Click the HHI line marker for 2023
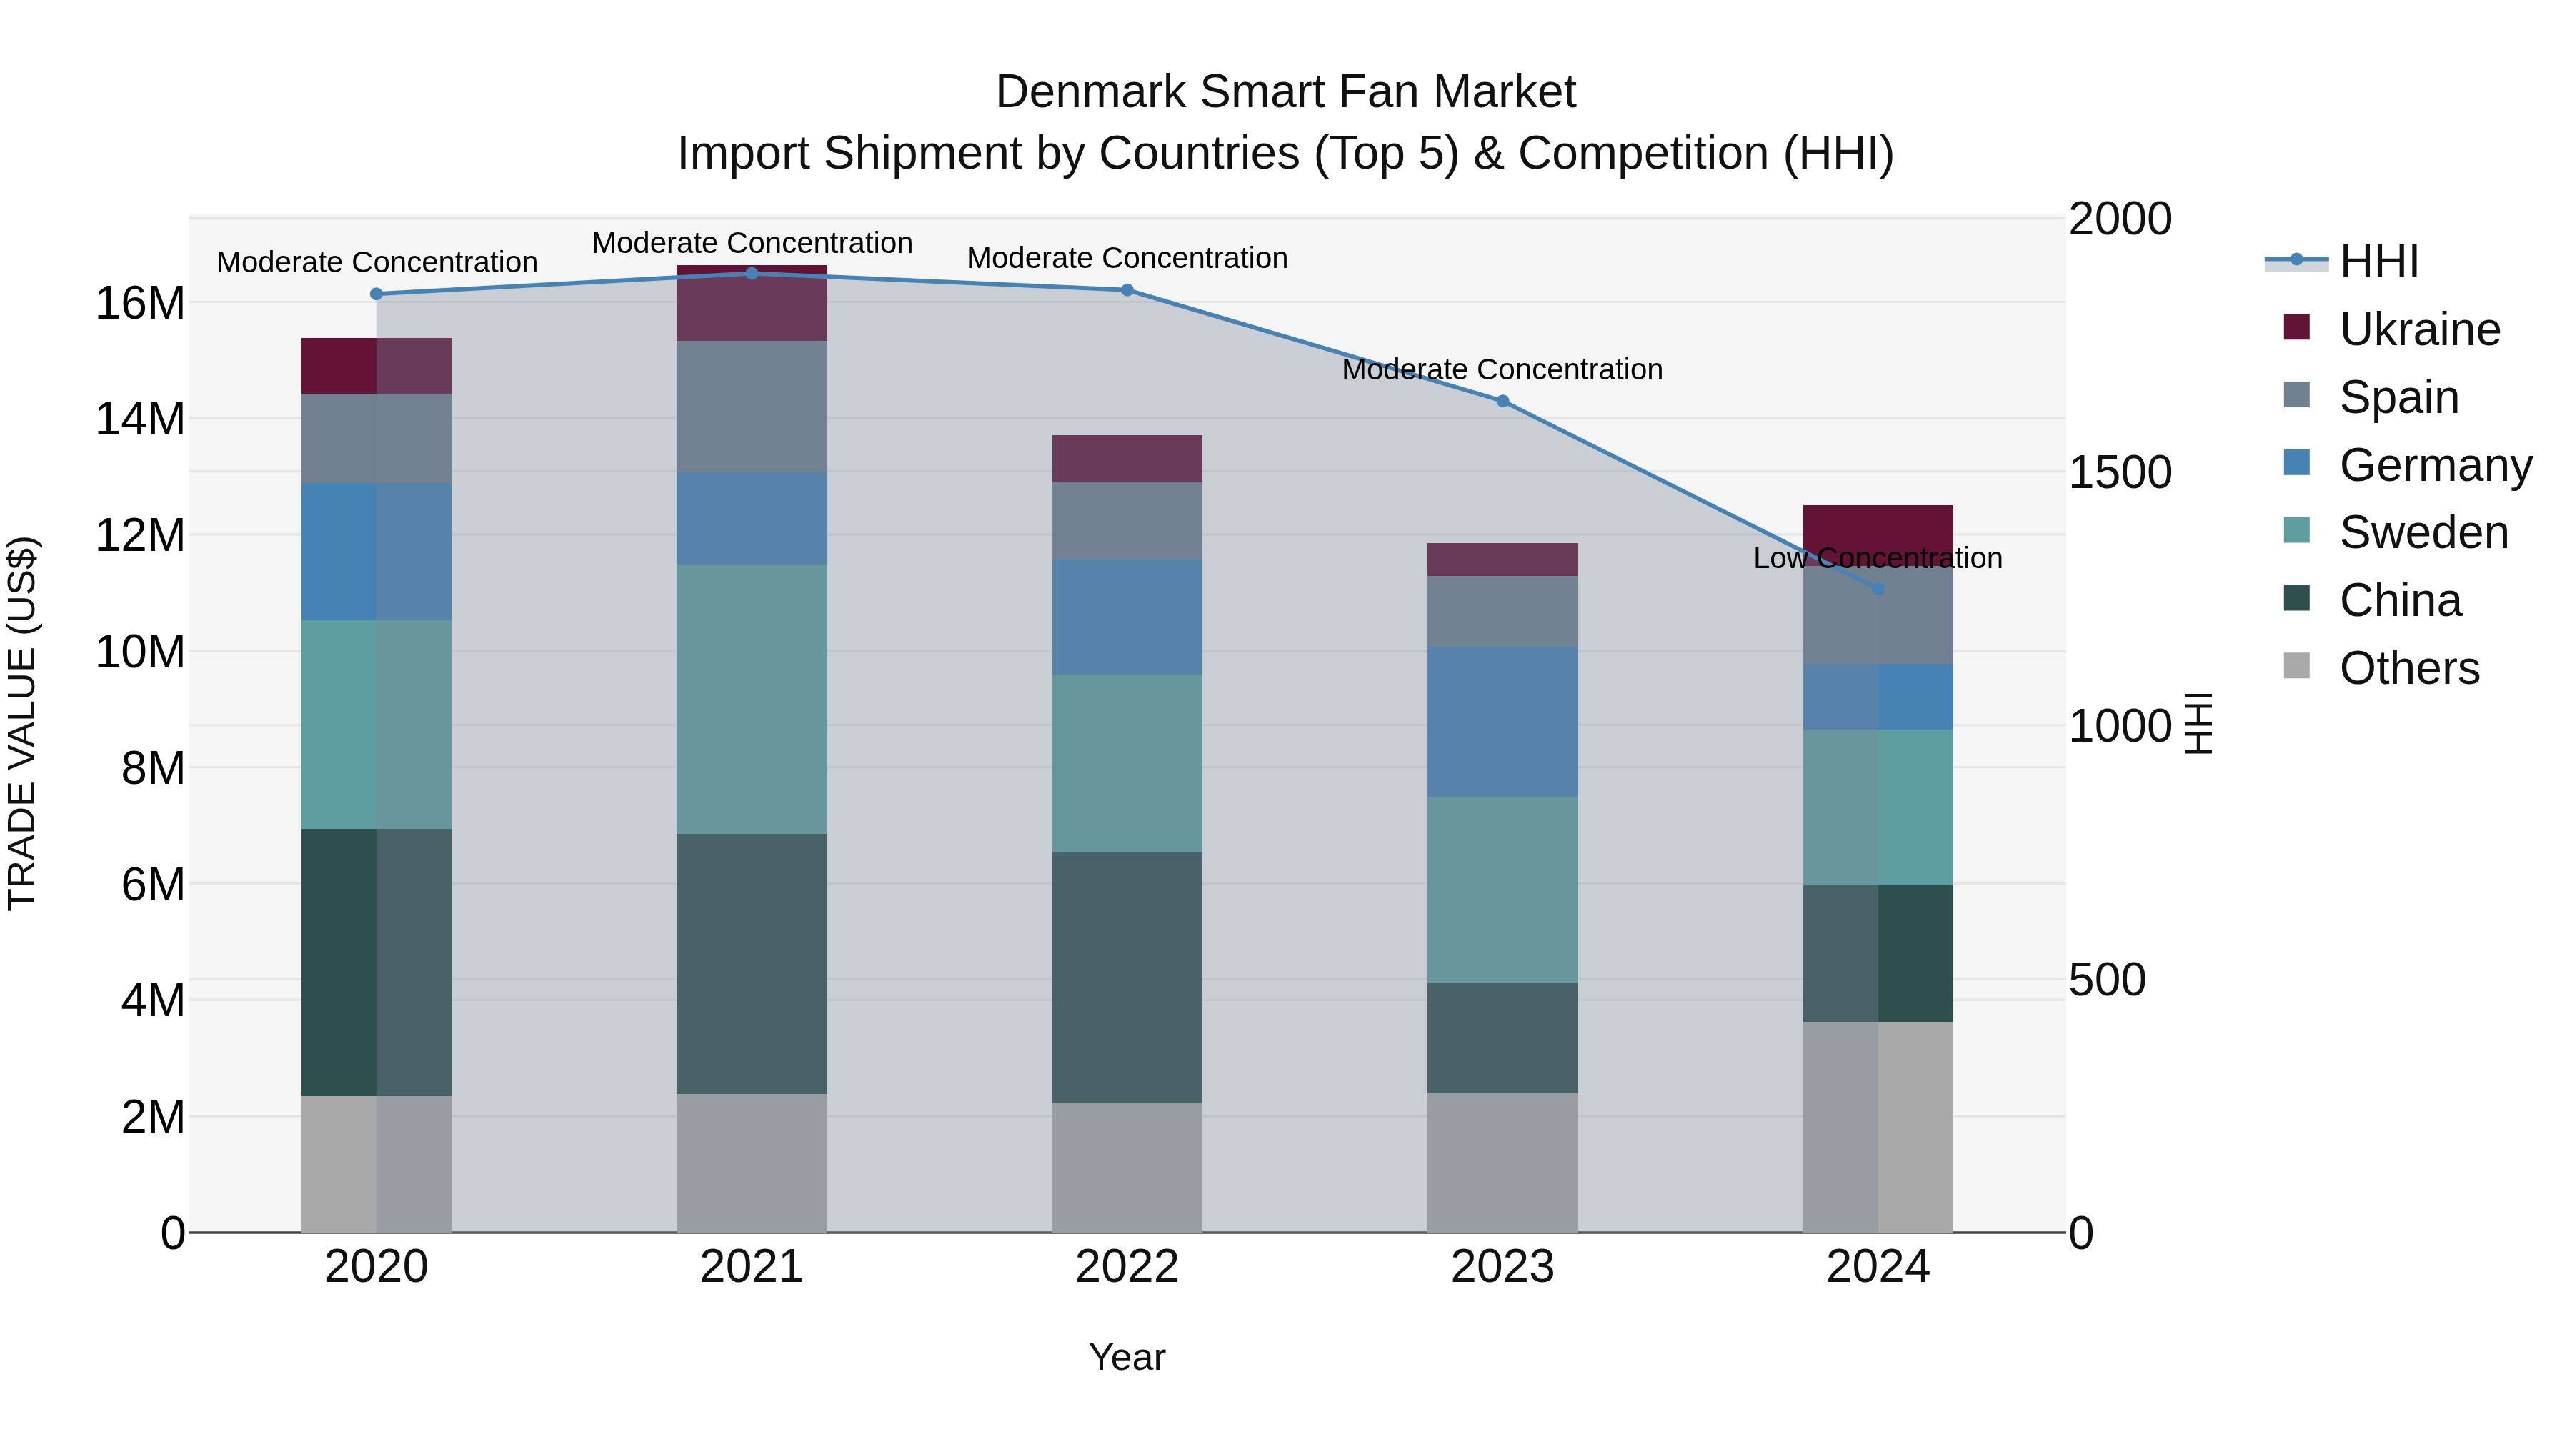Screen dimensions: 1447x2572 click(x=1502, y=402)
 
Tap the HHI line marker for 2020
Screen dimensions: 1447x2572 click(x=377, y=294)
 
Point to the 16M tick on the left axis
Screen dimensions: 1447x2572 click(x=140, y=302)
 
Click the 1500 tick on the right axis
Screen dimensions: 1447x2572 click(x=2119, y=472)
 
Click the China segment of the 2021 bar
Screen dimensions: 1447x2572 click(x=751, y=964)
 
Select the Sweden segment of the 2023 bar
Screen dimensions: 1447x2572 click(x=1502, y=889)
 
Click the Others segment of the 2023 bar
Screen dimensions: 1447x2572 click(x=1502, y=1163)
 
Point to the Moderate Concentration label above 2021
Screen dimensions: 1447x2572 click(x=752, y=243)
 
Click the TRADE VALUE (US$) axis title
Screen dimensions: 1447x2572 click(x=22, y=723)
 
